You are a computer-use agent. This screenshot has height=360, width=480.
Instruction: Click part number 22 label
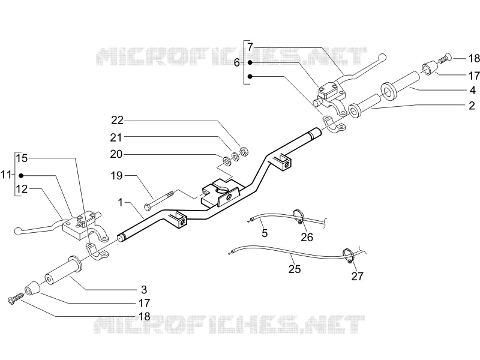[x=117, y=120]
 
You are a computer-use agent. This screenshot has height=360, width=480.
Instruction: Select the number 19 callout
[x=116, y=175]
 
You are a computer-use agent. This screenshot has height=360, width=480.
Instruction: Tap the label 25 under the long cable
[x=295, y=269]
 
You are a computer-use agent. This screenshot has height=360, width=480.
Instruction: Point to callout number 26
[x=307, y=237]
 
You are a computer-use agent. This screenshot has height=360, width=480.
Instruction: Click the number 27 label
[x=357, y=276]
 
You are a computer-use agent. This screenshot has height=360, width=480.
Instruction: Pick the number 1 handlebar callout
[x=121, y=202]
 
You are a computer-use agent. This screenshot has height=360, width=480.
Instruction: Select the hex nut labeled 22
[x=244, y=151]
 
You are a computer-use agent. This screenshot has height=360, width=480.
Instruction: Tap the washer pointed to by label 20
[x=227, y=160]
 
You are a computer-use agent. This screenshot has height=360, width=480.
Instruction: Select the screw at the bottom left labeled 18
[x=16, y=298]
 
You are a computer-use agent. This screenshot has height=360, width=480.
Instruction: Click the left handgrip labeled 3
[x=62, y=270]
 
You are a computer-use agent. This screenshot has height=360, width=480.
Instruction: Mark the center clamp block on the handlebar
[x=221, y=193]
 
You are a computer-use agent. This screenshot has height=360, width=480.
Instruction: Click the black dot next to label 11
[x=21, y=176]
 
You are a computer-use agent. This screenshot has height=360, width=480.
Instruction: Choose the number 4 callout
[x=473, y=91]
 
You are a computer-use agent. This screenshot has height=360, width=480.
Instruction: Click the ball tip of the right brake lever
[x=382, y=57]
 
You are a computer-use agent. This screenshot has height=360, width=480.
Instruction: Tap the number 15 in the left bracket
[x=22, y=158]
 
